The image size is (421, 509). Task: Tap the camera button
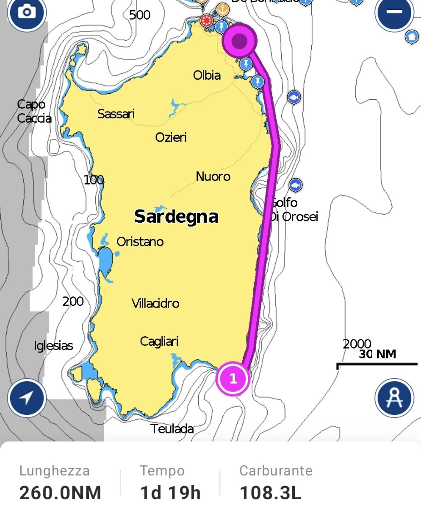[26, 13]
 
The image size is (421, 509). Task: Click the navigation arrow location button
[26, 398]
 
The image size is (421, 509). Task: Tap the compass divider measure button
[394, 398]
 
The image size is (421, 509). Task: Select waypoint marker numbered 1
[233, 378]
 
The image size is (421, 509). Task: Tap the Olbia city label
[207, 76]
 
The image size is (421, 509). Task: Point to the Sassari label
[116, 114]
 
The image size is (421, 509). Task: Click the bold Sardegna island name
[176, 217]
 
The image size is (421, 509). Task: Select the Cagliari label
[159, 341]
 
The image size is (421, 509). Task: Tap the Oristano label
[140, 242]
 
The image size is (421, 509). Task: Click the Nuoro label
[213, 176]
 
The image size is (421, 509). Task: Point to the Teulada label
[172, 429]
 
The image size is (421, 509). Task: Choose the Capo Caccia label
[34, 111]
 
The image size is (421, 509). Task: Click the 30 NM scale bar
[377, 364]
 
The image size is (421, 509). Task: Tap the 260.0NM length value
[61, 493]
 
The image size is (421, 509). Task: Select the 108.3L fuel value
[270, 493]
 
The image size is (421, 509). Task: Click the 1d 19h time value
[170, 493]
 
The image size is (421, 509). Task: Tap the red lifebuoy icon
[207, 20]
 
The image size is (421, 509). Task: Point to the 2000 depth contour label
[357, 344]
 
